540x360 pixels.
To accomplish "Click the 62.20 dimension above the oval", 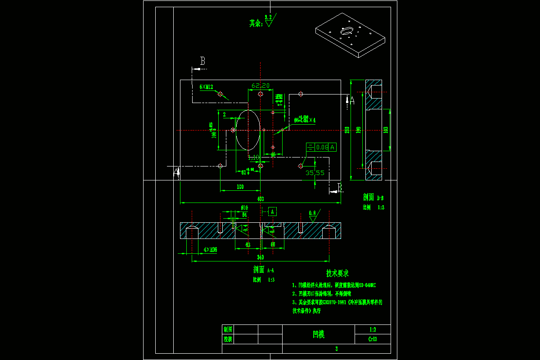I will pyautogui.click(x=261, y=85).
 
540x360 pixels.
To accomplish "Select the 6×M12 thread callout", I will pyautogui.click(x=206, y=87).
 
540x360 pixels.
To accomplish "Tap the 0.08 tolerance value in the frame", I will pyautogui.click(x=322, y=147).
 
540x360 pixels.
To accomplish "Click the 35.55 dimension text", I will pyautogui.click(x=315, y=172).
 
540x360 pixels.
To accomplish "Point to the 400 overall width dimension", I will pyautogui.click(x=260, y=199).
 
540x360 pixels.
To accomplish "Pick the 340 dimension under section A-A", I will pyautogui.click(x=260, y=257).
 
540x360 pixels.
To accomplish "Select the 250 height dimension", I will pyautogui.click(x=347, y=130).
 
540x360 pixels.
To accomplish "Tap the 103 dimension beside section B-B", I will pyautogui.click(x=386, y=130).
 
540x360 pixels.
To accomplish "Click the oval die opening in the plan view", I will pyautogui.click(x=247, y=130).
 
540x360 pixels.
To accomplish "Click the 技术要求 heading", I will pyautogui.click(x=337, y=273).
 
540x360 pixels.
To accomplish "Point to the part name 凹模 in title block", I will pyautogui.click(x=319, y=334).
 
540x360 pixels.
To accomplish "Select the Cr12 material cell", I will pyautogui.click(x=373, y=339).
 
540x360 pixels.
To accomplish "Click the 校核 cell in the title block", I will pyautogui.click(x=228, y=339).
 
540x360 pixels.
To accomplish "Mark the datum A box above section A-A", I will pyautogui.click(x=272, y=211).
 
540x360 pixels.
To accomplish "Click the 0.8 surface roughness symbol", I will pyautogui.click(x=312, y=216).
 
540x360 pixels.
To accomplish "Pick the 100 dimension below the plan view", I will pyautogui.click(x=240, y=186).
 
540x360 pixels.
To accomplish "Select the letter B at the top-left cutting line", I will pyautogui.click(x=202, y=61).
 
